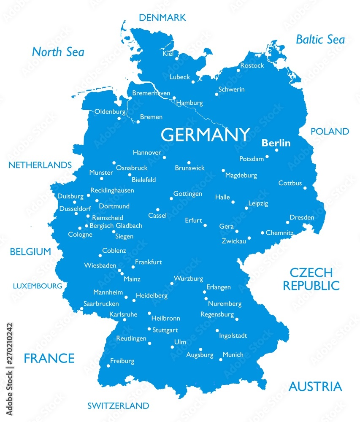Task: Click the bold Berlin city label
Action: click(x=276, y=143)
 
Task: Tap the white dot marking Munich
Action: click(x=220, y=360)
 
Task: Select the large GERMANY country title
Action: click(x=206, y=135)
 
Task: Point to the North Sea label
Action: click(x=58, y=52)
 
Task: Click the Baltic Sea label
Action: click(x=320, y=40)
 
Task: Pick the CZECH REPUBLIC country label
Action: click(x=311, y=279)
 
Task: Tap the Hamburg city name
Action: click(x=189, y=103)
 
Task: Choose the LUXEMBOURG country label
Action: click(x=38, y=286)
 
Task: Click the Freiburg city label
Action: click(x=122, y=361)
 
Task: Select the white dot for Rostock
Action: click(x=238, y=70)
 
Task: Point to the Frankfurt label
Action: click(x=148, y=262)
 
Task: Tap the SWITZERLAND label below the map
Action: click(x=118, y=406)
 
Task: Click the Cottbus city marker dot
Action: click(x=305, y=188)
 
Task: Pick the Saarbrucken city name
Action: click(x=101, y=303)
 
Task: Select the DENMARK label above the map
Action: click(x=162, y=18)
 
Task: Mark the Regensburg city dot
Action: click(x=237, y=319)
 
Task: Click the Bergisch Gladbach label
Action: click(x=116, y=226)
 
